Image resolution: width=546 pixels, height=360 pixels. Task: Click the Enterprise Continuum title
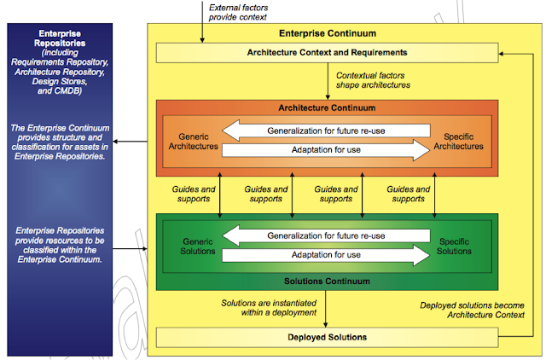[x=327, y=33]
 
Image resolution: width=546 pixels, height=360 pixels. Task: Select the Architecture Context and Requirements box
[x=327, y=53]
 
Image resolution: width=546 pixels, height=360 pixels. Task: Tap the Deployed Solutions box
[x=327, y=337]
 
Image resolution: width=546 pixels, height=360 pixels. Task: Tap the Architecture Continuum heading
[x=327, y=108]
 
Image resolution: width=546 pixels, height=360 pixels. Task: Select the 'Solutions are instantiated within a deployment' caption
[x=269, y=308]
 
